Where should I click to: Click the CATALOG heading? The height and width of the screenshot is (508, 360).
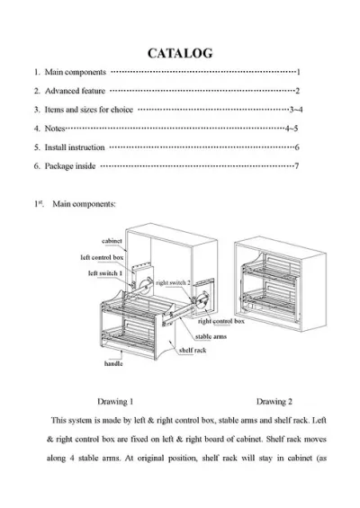tap(180, 53)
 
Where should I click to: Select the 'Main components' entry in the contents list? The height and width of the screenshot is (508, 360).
tap(76, 72)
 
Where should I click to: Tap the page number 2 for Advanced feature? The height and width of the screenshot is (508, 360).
tap(297, 91)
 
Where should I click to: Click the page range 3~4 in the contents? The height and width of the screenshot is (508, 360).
tap(296, 110)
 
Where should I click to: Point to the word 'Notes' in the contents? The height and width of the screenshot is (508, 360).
tap(55, 129)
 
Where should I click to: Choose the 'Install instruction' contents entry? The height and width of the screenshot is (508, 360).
tap(75, 147)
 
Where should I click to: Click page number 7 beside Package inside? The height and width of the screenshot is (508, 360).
tap(296, 166)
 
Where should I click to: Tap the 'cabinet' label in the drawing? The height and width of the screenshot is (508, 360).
tap(112, 241)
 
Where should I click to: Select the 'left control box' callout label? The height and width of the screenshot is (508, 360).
tap(102, 257)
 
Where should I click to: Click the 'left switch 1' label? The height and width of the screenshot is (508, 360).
tap(105, 273)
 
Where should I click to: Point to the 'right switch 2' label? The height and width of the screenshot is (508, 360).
tap(173, 283)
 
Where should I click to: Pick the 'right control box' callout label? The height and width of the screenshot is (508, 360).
tap(221, 321)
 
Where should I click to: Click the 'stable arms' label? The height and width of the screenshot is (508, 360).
tap(211, 337)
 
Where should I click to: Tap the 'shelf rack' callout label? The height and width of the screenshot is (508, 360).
tap(193, 351)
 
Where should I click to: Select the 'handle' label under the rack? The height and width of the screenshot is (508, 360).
tap(113, 363)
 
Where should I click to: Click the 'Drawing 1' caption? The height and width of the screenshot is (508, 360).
tap(115, 402)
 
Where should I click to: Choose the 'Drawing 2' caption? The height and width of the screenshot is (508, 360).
tap(274, 402)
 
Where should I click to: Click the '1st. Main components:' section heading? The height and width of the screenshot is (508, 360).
tap(75, 204)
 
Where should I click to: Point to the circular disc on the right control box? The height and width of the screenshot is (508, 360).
tap(203, 299)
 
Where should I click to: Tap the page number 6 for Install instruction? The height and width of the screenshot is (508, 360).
tap(297, 147)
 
